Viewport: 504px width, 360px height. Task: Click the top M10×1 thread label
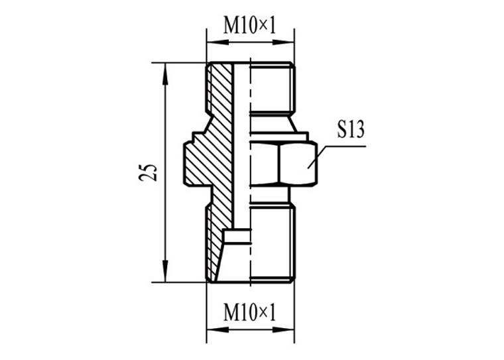coord(250,26)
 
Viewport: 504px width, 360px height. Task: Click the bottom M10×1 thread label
coord(250,313)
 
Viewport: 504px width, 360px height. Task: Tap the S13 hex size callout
coord(351,130)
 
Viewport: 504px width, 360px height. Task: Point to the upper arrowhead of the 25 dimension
coord(165,74)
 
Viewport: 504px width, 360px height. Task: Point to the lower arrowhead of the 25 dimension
coord(165,271)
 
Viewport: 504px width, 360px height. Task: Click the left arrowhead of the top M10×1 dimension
coord(218,42)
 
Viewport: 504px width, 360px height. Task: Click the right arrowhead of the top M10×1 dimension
coord(283,42)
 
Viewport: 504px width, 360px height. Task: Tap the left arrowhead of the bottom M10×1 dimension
coord(218,330)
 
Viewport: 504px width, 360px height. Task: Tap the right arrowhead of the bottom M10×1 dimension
coord(283,330)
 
